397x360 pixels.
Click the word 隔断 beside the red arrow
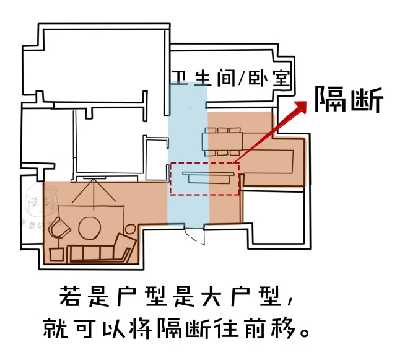pos(349,99)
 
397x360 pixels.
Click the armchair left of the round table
pos(62,227)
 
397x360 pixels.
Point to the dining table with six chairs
pos(222,141)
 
